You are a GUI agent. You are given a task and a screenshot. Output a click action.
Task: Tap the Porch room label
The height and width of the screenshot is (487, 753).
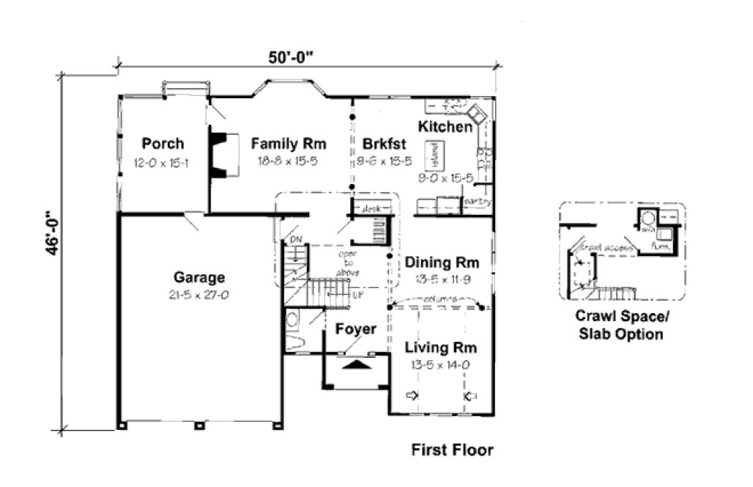[x=163, y=144]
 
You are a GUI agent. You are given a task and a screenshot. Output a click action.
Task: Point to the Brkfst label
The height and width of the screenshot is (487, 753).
[x=378, y=144]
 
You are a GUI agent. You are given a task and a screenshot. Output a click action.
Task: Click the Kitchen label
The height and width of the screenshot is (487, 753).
[x=445, y=128]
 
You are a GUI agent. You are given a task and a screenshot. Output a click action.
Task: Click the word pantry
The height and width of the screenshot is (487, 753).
[x=476, y=201]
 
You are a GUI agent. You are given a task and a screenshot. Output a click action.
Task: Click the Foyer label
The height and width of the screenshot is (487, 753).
[x=355, y=329]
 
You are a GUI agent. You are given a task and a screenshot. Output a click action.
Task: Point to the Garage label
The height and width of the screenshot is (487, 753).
[x=199, y=278]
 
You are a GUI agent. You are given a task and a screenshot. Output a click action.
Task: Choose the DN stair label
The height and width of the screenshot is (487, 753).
[x=295, y=239]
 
